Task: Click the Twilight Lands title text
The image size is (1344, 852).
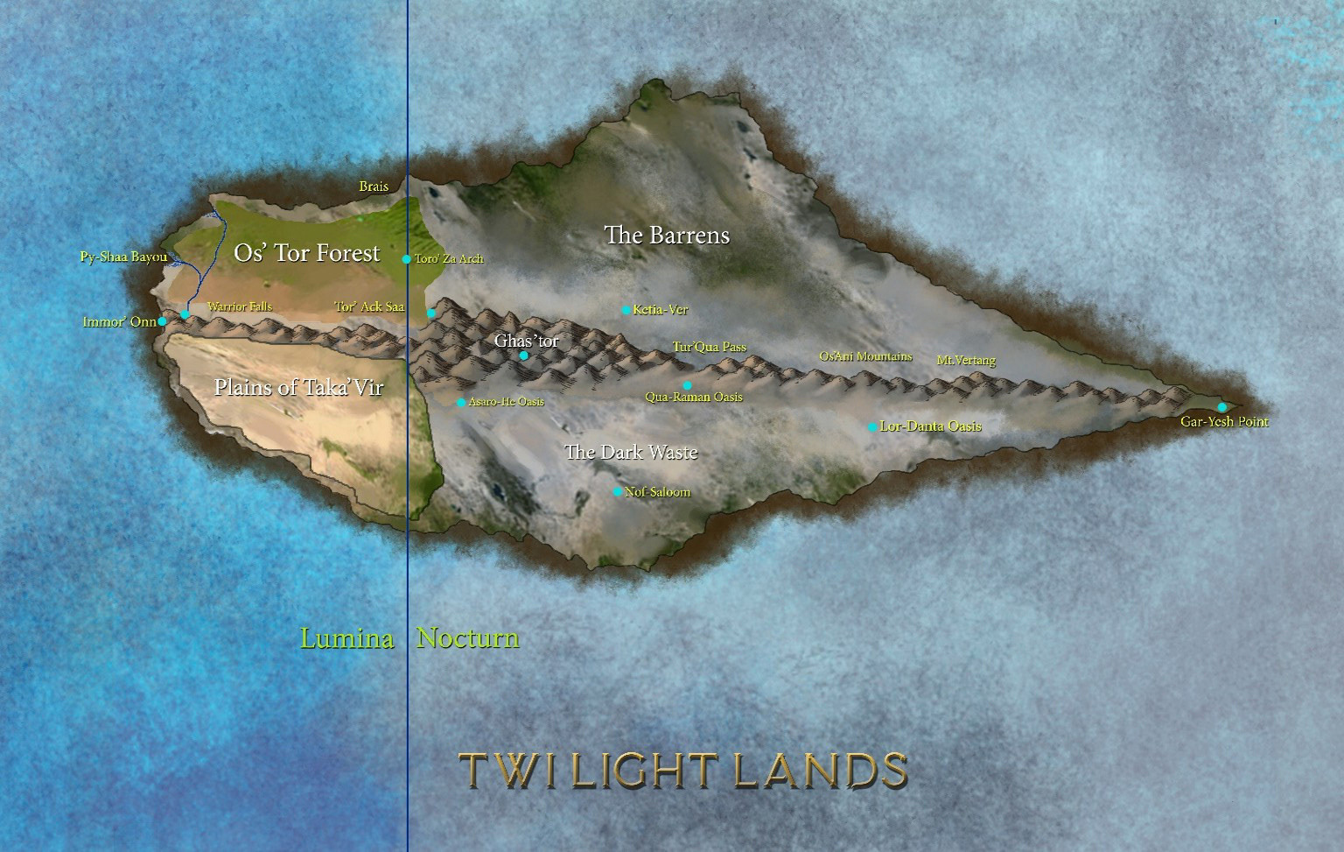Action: click(683, 771)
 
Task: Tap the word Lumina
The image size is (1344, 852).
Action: click(346, 638)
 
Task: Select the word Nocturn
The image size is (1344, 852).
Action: click(467, 638)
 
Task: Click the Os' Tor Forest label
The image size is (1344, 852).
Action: click(306, 253)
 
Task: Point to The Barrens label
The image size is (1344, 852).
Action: click(667, 235)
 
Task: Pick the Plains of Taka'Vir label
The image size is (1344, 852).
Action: click(298, 387)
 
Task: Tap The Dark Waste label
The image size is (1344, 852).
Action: click(631, 452)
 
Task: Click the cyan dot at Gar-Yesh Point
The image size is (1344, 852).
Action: click(1222, 407)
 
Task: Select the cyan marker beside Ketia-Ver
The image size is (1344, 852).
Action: click(626, 310)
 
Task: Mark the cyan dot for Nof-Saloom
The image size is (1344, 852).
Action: click(617, 492)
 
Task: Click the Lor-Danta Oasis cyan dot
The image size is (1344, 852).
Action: click(872, 427)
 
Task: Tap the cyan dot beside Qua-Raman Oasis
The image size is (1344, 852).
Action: click(687, 385)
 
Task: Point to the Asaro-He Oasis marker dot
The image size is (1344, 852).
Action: click(461, 403)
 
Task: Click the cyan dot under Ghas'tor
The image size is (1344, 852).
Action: click(524, 356)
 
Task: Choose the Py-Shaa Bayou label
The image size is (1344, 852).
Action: click(122, 257)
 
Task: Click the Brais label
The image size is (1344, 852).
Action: click(374, 187)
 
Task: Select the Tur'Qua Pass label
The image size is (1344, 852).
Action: click(709, 348)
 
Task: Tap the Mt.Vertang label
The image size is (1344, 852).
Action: click(966, 360)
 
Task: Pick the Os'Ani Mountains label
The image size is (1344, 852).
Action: click(865, 356)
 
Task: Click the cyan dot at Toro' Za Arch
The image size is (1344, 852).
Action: click(406, 259)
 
